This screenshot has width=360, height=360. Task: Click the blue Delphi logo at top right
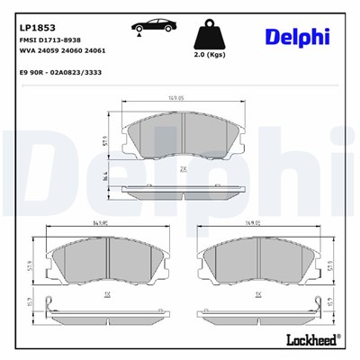297,36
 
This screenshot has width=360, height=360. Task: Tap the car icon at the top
152,29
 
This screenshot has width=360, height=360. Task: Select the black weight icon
209,35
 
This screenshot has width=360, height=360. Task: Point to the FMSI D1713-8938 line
50,41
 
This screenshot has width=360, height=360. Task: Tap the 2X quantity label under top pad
183,168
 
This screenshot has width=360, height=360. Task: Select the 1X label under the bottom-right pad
257,294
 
